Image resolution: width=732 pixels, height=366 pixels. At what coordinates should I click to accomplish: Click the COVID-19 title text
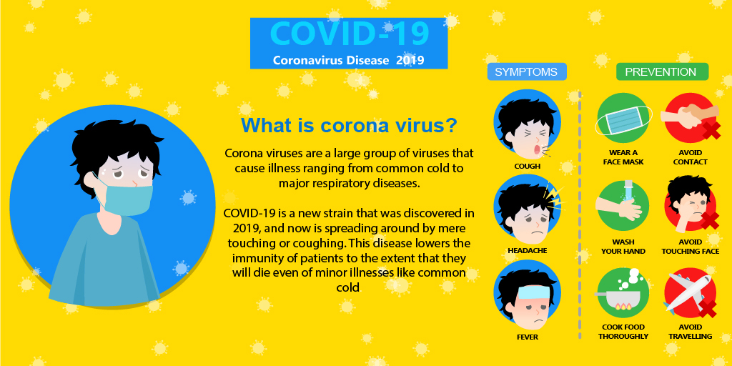coord(349,33)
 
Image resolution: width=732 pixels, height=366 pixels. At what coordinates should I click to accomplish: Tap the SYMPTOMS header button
coord(527,72)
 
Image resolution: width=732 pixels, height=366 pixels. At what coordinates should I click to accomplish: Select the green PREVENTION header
coord(662,72)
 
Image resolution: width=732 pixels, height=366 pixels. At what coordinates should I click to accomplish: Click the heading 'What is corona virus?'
coord(348,126)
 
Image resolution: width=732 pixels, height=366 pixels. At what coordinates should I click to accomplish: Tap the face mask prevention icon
coord(623,119)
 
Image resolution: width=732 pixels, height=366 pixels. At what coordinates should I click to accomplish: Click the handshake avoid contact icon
coord(691,118)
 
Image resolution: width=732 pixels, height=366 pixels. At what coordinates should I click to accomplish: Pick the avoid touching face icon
coord(691,204)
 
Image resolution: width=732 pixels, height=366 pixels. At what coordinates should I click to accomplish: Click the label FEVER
coord(527,337)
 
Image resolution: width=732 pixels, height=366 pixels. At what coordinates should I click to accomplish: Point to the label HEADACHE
coord(527,251)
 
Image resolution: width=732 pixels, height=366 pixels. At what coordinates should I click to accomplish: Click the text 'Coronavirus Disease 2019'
coord(348,60)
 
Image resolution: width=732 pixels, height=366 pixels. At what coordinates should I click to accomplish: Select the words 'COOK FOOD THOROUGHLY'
coord(623,332)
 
